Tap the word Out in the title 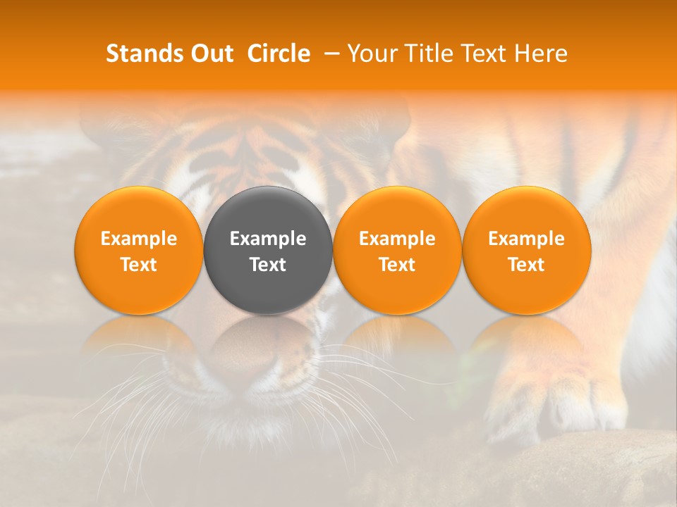tap(211, 54)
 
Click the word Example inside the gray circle tap(268, 239)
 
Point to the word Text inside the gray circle tap(268, 265)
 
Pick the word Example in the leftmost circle tap(138, 239)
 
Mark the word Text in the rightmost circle tap(527, 265)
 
